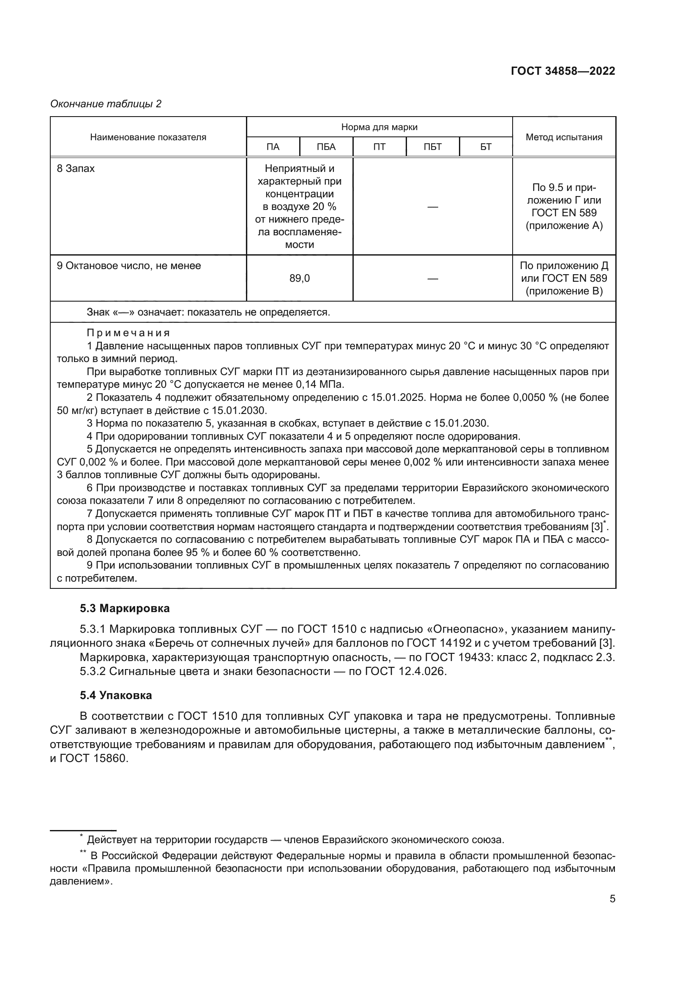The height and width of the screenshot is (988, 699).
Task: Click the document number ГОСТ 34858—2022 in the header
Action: click(562, 71)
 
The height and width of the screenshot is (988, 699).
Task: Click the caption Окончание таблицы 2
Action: click(106, 104)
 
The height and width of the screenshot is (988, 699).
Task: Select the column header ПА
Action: click(273, 147)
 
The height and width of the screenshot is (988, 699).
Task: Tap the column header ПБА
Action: click(326, 147)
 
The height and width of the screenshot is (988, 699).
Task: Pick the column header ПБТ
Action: click(433, 147)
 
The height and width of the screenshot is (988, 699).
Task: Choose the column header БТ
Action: click(486, 147)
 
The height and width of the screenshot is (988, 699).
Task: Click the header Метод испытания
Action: click(564, 137)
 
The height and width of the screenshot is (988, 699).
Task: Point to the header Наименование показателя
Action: click(148, 137)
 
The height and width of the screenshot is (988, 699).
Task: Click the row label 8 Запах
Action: click(76, 169)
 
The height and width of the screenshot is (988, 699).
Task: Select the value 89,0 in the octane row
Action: click(300, 278)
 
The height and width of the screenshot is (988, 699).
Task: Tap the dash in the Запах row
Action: click(433, 207)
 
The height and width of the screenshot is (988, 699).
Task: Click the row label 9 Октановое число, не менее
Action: click(129, 266)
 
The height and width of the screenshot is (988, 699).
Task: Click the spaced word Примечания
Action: click(128, 332)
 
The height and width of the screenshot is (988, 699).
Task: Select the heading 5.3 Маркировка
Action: click(125, 608)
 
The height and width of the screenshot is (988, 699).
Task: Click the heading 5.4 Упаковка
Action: click(116, 695)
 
